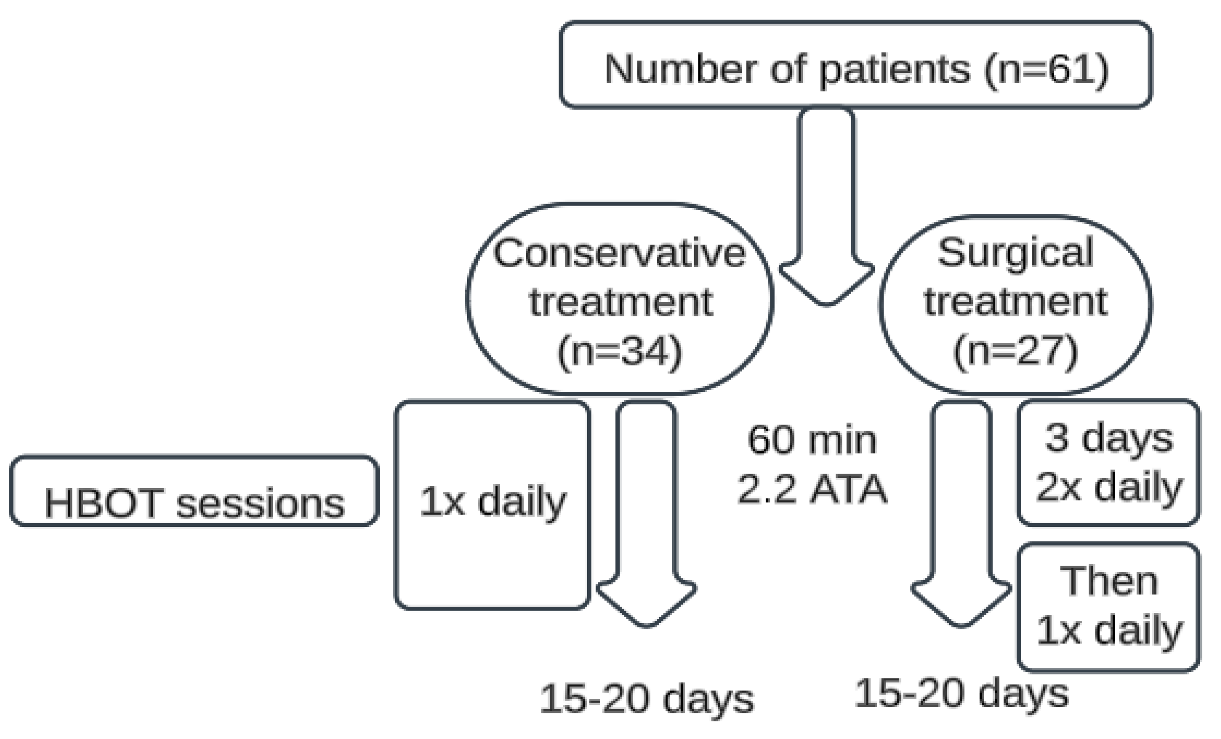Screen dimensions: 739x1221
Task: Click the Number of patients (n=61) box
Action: pos(855,64)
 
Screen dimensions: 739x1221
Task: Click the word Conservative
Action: pos(619,254)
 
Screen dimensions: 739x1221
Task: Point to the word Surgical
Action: pos(1015,253)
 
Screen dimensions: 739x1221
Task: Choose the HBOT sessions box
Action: pos(194,490)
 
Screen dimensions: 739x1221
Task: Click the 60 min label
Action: pos(812,440)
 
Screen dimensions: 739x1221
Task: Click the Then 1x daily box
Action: pos(1109,607)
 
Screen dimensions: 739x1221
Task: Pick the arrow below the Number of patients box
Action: pos(826,208)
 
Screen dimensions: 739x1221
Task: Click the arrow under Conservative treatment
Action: pos(646,515)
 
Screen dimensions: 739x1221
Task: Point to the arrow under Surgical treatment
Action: pos(961,515)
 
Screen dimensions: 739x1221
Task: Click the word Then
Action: pos(1109,582)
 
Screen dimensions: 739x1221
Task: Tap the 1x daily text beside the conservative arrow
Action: pos(493,502)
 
